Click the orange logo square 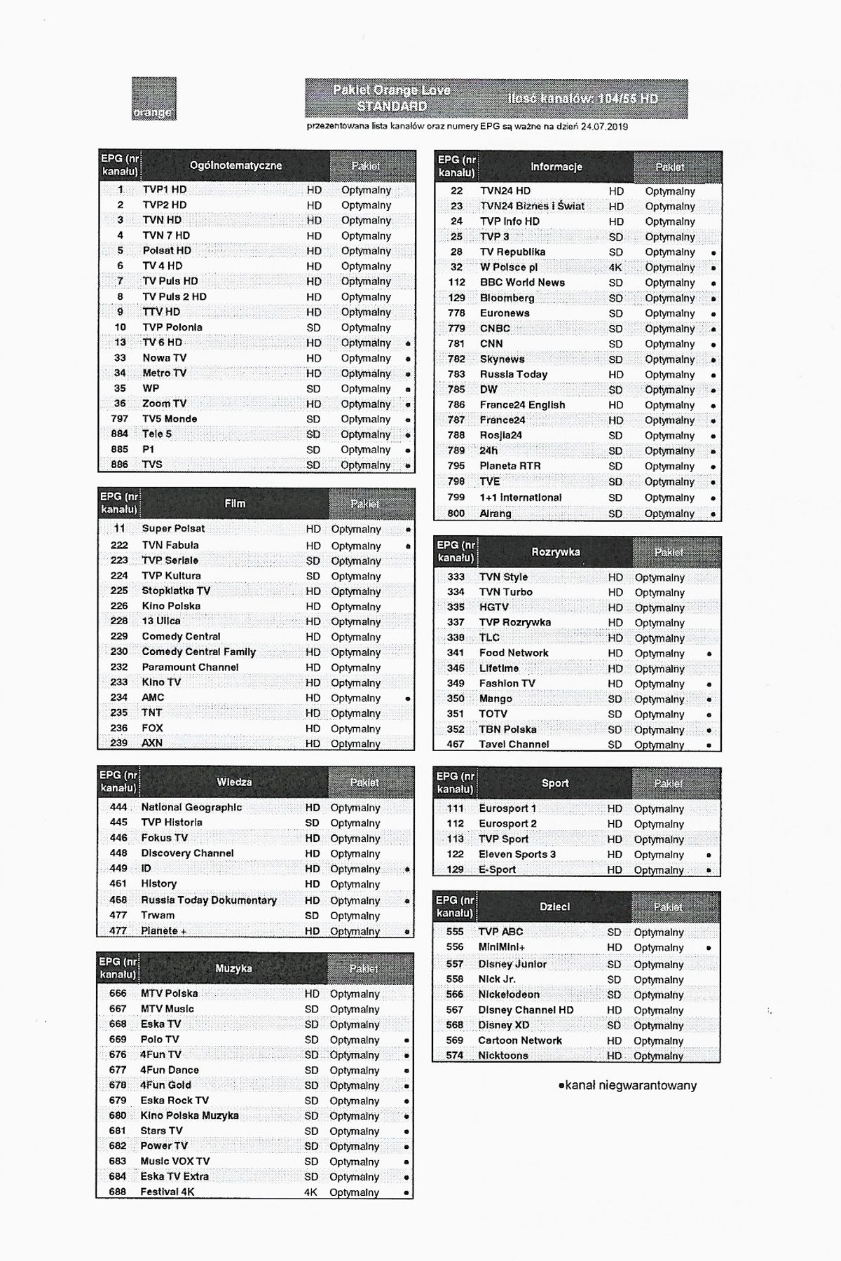click(153, 98)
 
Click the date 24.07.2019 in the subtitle click(604, 127)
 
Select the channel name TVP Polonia click(172, 327)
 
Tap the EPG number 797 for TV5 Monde click(120, 419)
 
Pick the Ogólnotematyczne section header click(235, 166)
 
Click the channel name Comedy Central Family click(198, 652)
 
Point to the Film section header click(235, 504)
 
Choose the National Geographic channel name click(191, 807)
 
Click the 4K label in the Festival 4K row click(310, 1192)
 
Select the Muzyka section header click(233, 968)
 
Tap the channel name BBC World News click(522, 282)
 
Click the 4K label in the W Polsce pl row click(615, 267)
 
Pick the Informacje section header click(556, 167)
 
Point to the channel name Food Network click(514, 653)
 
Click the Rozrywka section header click(555, 552)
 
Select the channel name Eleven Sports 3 click(517, 854)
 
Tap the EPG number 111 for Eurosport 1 click(456, 808)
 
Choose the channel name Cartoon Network click(520, 1040)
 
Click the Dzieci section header click(554, 907)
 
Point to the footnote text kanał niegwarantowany click(630, 1085)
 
